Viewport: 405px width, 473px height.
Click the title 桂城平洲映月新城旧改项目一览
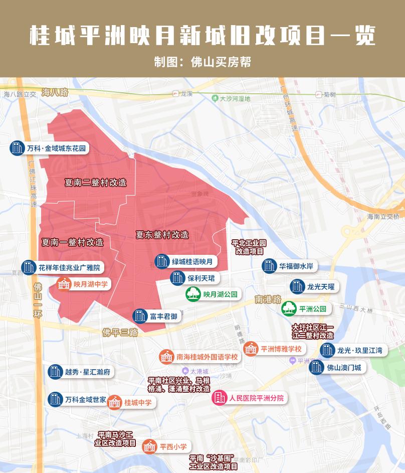click(202, 36)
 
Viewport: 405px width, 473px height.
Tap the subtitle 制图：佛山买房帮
click(202, 62)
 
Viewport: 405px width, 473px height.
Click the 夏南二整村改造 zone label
click(95, 183)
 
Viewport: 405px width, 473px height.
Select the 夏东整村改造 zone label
click(162, 234)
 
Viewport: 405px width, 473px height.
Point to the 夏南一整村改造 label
click(72, 242)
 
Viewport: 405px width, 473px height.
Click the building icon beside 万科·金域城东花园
click(17, 148)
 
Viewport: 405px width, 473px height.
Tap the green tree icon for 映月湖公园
click(193, 294)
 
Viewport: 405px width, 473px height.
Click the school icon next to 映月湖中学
click(64, 284)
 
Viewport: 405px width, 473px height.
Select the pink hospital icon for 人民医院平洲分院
click(220, 398)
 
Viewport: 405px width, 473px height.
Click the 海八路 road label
click(55, 92)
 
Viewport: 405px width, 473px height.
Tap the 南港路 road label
click(268, 299)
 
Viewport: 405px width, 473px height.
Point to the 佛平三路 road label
click(120, 333)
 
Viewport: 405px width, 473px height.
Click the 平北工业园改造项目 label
click(249, 247)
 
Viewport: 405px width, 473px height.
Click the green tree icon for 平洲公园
click(289, 308)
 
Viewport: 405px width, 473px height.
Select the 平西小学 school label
click(173, 446)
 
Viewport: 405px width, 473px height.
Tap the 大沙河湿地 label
click(235, 99)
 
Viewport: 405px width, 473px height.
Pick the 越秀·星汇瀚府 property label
click(88, 372)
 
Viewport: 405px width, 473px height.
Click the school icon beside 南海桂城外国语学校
click(166, 357)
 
